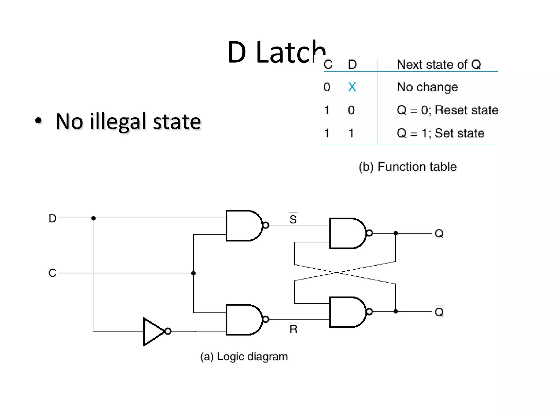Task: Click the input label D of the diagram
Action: click(x=52, y=218)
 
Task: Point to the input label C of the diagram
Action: click(x=52, y=273)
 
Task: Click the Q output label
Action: click(x=439, y=233)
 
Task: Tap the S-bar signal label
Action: click(x=293, y=219)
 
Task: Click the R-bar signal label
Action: click(x=293, y=329)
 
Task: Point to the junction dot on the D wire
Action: click(x=94, y=218)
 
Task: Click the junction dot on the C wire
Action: click(x=193, y=273)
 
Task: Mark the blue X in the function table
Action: click(x=352, y=87)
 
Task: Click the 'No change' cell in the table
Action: click(x=427, y=87)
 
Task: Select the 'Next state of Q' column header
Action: click(x=439, y=65)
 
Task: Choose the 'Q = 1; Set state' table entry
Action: click(x=440, y=133)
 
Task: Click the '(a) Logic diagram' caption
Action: click(x=244, y=357)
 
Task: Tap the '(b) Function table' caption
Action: click(x=408, y=167)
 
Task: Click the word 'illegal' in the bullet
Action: click(x=118, y=122)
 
